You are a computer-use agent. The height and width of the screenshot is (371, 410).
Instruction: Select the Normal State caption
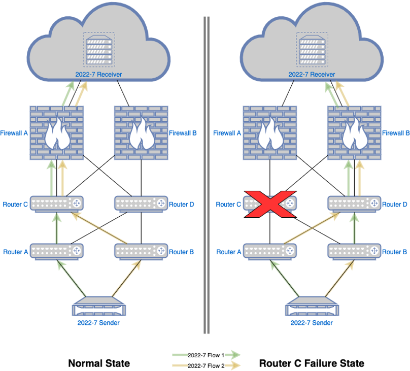(99, 363)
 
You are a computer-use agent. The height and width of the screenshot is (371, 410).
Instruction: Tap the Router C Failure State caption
(312, 363)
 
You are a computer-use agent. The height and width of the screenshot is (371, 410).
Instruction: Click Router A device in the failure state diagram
(269, 251)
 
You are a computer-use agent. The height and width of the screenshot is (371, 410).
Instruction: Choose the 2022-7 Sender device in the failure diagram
(311, 307)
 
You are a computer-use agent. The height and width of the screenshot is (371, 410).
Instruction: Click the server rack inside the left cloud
(99, 50)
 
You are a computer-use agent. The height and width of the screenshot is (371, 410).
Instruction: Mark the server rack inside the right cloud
(311, 50)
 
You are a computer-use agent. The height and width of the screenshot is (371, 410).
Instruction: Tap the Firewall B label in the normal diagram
(183, 133)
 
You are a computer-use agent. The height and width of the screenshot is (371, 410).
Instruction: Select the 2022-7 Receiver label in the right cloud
(312, 74)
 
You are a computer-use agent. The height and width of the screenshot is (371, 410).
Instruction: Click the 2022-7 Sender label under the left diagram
(99, 322)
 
